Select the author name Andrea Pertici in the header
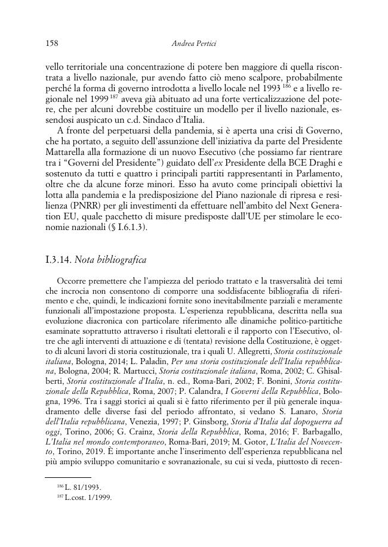194,43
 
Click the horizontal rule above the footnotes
69,477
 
